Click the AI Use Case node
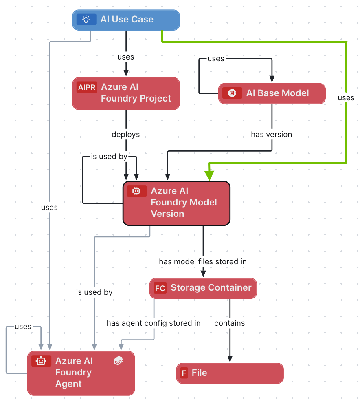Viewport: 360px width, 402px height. point(126,20)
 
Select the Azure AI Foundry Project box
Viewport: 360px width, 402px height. point(126,93)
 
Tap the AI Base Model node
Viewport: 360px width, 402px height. point(272,93)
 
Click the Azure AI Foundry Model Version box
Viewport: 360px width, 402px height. point(177,203)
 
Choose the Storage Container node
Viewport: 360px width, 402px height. point(204,288)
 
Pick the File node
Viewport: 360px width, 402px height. point(230,373)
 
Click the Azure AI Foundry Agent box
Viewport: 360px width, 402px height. point(81,373)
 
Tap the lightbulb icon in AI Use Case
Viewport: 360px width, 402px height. point(86,20)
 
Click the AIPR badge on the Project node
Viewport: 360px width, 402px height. point(87,87)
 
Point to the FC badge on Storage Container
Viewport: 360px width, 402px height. point(160,288)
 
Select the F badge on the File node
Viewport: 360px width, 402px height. point(184,373)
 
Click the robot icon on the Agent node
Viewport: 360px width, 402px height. point(41,361)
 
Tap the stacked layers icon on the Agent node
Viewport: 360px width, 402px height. point(118,360)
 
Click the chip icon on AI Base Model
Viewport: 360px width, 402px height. point(232,93)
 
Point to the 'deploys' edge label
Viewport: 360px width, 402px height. point(126,134)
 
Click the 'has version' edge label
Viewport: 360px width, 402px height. point(271,134)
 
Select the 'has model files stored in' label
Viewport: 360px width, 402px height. point(203,261)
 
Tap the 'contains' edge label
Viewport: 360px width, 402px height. point(230,323)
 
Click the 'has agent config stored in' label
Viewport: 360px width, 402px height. point(154,323)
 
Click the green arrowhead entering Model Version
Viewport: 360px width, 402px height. point(209,175)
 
